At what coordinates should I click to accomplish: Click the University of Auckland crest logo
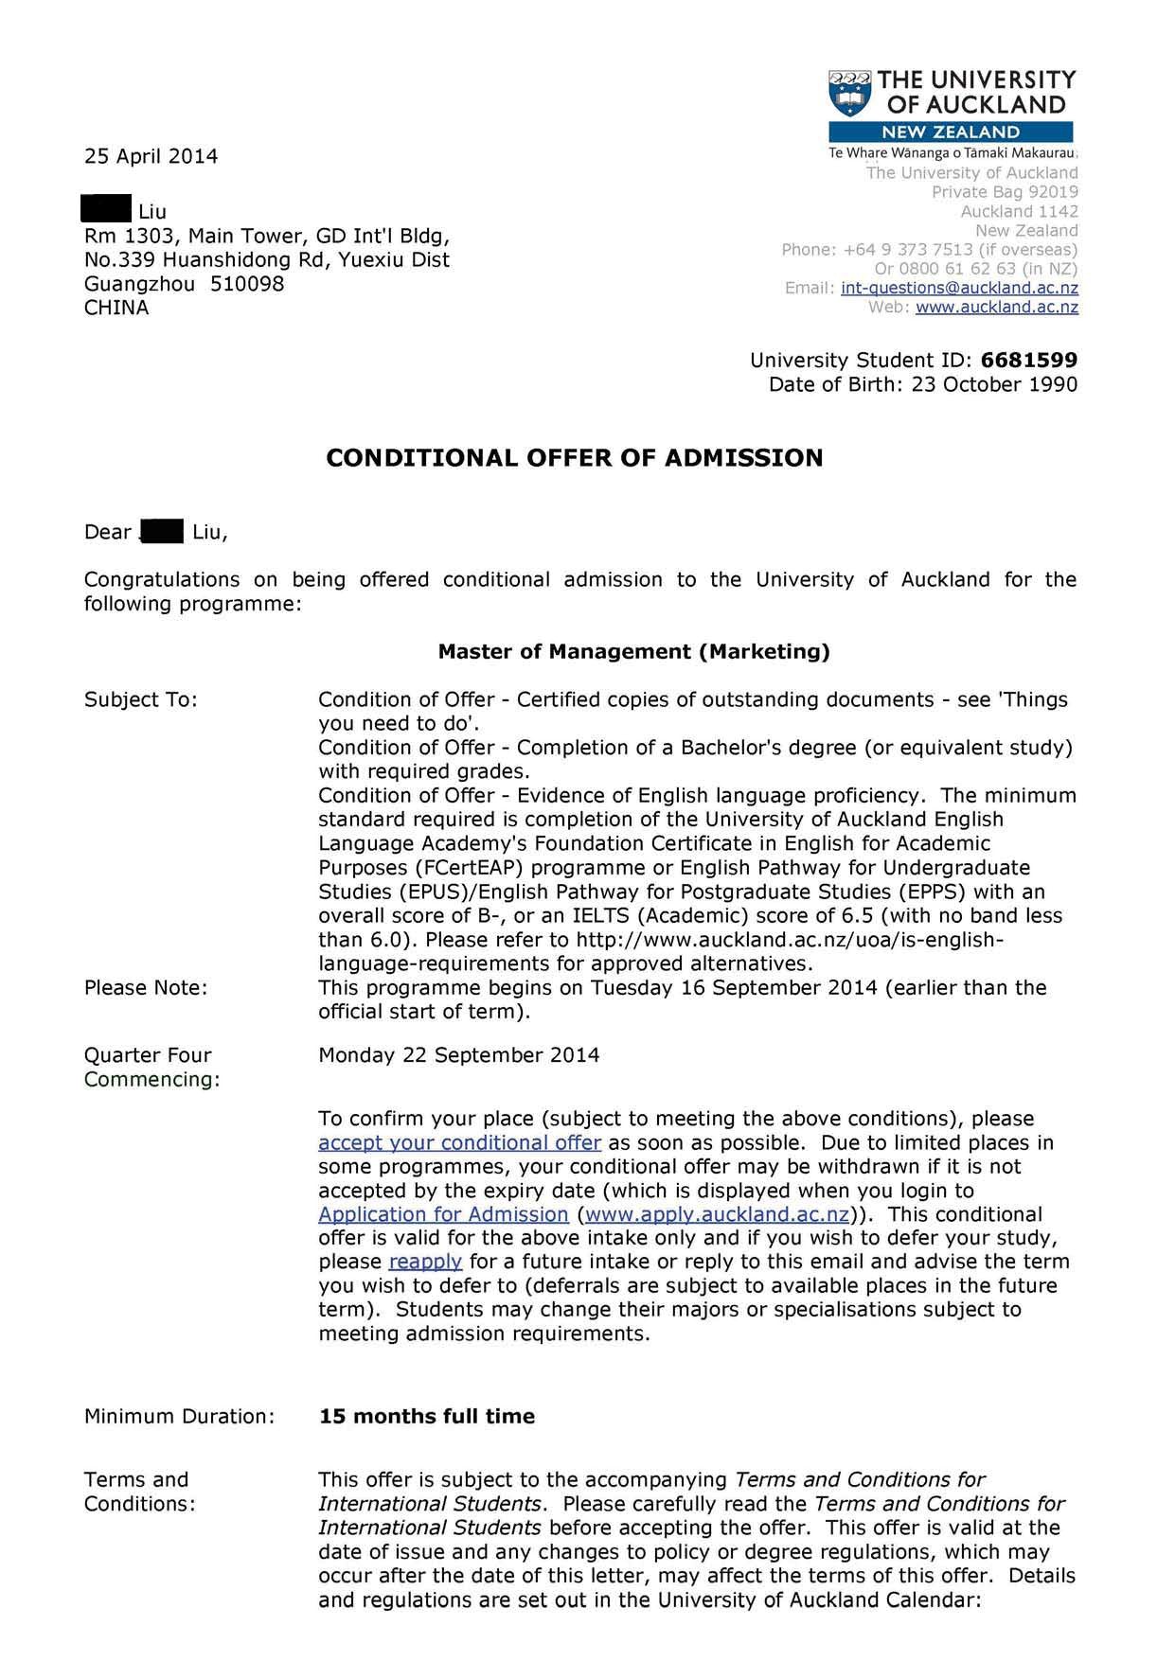(x=849, y=93)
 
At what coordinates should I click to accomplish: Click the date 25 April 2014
(x=151, y=156)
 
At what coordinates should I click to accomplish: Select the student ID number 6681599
(x=1029, y=360)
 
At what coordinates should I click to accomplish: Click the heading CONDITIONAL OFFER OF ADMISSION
(x=575, y=458)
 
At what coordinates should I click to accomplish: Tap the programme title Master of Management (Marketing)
(x=633, y=651)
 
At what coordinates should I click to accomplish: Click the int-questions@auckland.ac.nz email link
(x=959, y=288)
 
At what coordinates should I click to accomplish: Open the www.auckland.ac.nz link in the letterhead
(x=997, y=307)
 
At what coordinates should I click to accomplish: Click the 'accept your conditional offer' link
(x=459, y=1142)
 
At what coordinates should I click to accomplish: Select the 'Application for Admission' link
(x=443, y=1214)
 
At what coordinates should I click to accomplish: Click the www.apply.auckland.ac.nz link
(x=717, y=1214)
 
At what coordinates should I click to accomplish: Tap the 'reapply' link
(x=425, y=1262)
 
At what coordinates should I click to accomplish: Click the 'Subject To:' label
(x=141, y=699)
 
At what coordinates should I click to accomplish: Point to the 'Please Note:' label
(x=146, y=987)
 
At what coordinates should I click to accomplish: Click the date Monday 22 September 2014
(x=458, y=1055)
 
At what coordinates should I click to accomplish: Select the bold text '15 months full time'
(x=427, y=1416)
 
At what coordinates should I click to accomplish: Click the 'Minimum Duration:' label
(x=180, y=1416)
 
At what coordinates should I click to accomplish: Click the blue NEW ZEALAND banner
(x=951, y=132)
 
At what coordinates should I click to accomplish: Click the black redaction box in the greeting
(x=162, y=531)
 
